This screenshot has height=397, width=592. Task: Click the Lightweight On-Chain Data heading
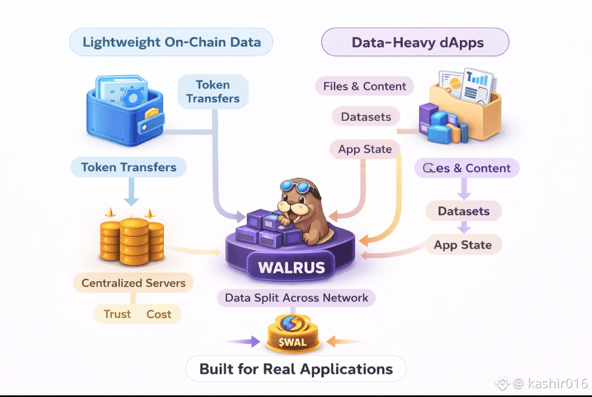171,42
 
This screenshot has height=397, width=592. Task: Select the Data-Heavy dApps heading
415,42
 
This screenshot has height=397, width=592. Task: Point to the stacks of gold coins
132,237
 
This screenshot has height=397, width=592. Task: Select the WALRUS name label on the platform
292,268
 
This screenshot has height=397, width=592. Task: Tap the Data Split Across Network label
296,298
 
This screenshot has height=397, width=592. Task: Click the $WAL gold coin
292,335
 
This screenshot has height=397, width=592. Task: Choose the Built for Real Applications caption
296,369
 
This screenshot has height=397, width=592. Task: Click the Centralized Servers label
134,283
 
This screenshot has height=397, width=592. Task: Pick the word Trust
118,314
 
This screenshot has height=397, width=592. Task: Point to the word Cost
159,314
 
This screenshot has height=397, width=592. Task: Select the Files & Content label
365,86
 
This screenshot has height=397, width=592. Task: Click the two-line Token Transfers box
213,92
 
